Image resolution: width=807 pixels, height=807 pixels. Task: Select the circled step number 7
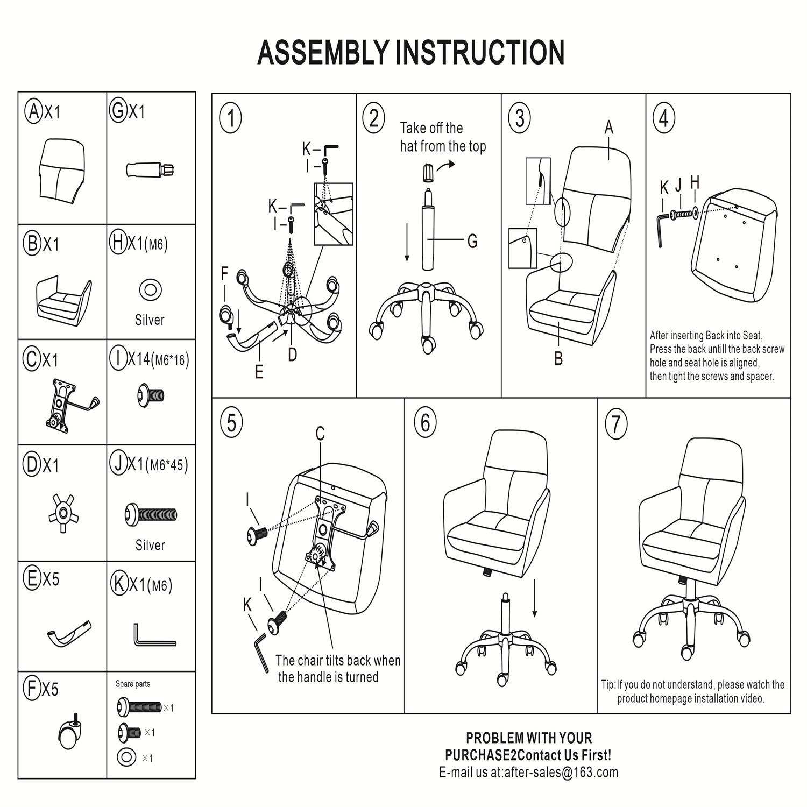tap(616, 424)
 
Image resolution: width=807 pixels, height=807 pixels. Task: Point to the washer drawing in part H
tap(150, 290)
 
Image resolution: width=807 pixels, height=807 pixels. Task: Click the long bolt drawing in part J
tap(151, 514)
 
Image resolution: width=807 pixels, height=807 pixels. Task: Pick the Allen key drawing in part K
tap(152, 636)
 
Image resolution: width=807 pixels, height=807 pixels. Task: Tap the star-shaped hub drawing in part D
tap(63, 513)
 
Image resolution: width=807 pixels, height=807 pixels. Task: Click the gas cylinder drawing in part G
tap(151, 169)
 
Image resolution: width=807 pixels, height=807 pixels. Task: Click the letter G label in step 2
tap(472, 241)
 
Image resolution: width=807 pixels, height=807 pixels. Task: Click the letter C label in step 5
tap(320, 433)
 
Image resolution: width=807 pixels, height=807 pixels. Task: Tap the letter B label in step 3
tap(558, 358)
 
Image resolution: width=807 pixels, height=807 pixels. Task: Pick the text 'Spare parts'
tap(133, 684)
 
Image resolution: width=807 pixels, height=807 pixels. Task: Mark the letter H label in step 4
tap(695, 183)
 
